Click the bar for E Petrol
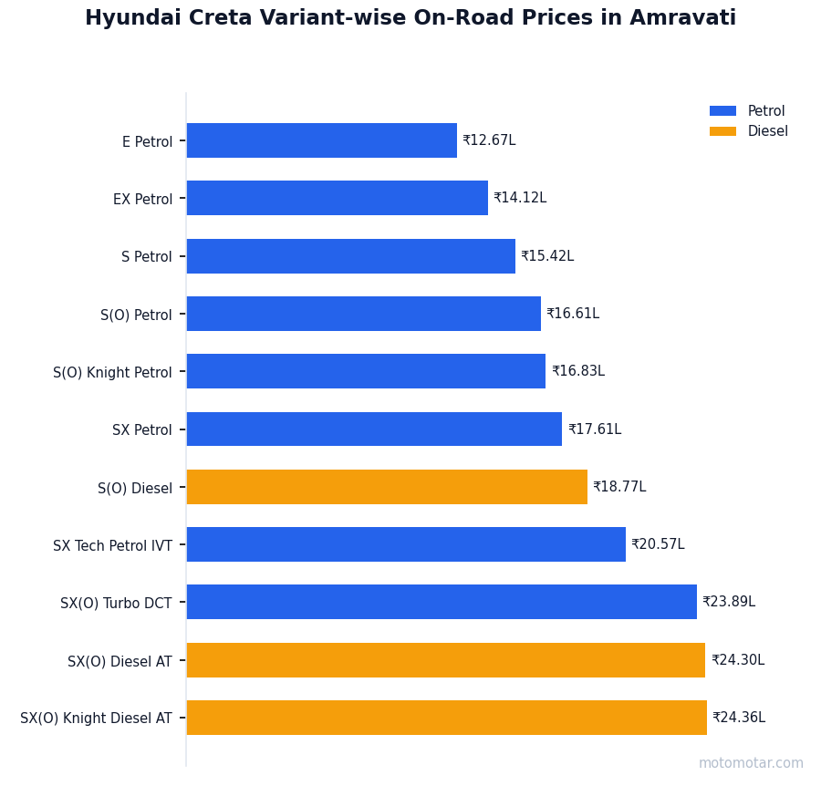(321, 140)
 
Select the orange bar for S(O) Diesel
(387, 487)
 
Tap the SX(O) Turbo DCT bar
(442, 602)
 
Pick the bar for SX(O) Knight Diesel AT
(446, 718)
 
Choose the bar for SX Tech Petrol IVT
(406, 544)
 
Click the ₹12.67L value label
(489, 140)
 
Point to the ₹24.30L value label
(738, 660)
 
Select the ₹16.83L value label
(578, 371)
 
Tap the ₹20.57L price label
(658, 544)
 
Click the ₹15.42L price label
(547, 256)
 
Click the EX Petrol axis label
(142, 199)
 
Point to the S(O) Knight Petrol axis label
(112, 372)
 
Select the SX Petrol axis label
(141, 429)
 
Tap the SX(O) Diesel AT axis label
(120, 661)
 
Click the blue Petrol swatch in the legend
(722, 111)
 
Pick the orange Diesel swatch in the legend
(722, 131)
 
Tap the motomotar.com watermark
(751, 763)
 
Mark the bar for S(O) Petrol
(363, 314)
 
